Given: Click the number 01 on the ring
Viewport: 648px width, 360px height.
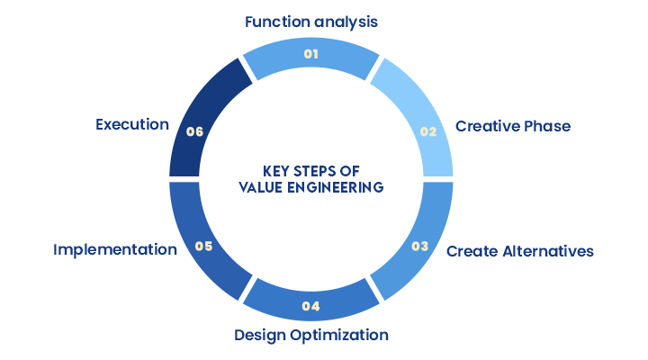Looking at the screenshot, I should tap(311, 54).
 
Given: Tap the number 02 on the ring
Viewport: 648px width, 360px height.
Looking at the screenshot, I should tap(428, 131).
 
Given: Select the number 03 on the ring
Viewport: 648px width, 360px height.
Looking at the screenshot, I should tap(419, 246).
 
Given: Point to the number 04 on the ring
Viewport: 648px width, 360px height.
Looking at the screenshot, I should tap(311, 306).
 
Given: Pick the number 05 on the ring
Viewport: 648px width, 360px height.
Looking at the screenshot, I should tap(203, 246).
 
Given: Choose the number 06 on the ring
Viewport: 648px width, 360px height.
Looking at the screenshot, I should tap(194, 131).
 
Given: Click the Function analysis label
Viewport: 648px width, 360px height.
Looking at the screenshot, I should tap(311, 21).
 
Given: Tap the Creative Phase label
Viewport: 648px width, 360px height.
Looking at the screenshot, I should tap(513, 126).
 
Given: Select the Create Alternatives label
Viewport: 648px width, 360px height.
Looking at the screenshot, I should tap(520, 250).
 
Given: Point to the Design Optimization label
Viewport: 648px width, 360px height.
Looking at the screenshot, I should tap(311, 335).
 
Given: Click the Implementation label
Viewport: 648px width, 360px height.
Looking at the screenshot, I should tap(115, 249).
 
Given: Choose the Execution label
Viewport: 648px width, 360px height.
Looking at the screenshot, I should tap(132, 124).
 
